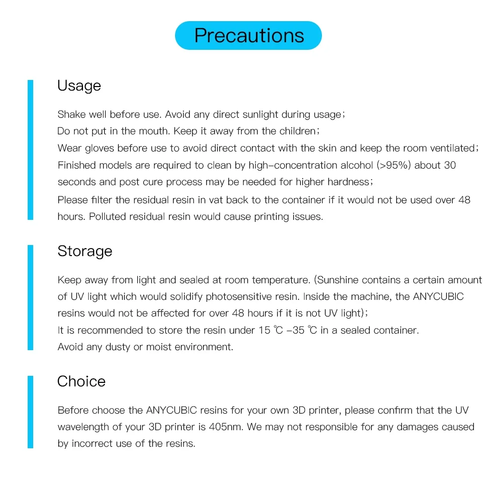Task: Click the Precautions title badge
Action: coord(248,36)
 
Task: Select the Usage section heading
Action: coord(79,86)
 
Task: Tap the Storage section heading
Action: coord(85,251)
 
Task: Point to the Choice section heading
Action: coord(81,381)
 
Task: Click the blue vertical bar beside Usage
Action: coord(30,149)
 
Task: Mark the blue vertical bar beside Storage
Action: coord(30,297)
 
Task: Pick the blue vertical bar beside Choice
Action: coord(30,412)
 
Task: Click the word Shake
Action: coord(71,114)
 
